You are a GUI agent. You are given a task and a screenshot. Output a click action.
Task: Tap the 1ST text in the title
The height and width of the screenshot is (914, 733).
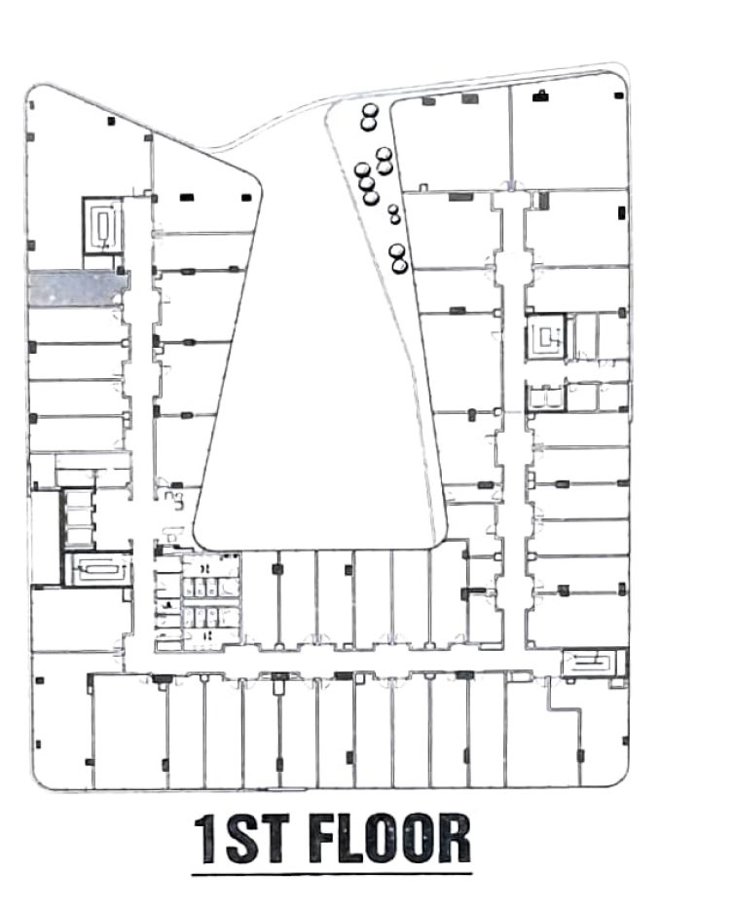[x=241, y=838]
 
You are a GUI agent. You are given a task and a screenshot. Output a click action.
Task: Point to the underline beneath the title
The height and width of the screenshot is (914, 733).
[x=332, y=873]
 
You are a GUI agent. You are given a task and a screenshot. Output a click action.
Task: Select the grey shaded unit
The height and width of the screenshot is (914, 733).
[x=78, y=288]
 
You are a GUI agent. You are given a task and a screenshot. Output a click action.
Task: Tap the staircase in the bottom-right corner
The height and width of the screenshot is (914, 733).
[x=593, y=663]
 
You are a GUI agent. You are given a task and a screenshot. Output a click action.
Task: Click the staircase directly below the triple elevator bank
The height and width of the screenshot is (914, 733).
[x=96, y=569]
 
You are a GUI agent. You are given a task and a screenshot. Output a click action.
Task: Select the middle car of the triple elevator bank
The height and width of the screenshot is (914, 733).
[x=78, y=517]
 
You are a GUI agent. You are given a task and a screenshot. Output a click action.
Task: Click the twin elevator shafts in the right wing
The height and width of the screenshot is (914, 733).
[x=546, y=397]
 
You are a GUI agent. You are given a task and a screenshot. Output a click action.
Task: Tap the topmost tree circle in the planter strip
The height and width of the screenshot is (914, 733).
[x=369, y=110]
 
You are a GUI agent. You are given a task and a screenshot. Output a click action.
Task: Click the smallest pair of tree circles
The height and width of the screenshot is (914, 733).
[x=394, y=213]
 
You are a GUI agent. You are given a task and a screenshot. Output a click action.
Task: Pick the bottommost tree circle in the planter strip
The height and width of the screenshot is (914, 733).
[x=400, y=266]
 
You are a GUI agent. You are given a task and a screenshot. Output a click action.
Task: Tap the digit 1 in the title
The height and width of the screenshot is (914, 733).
[x=206, y=839]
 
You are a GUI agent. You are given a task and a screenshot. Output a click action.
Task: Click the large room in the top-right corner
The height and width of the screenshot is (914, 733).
[x=569, y=138]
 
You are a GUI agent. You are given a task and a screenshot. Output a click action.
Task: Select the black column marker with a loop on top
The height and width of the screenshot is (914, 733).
[x=541, y=95]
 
